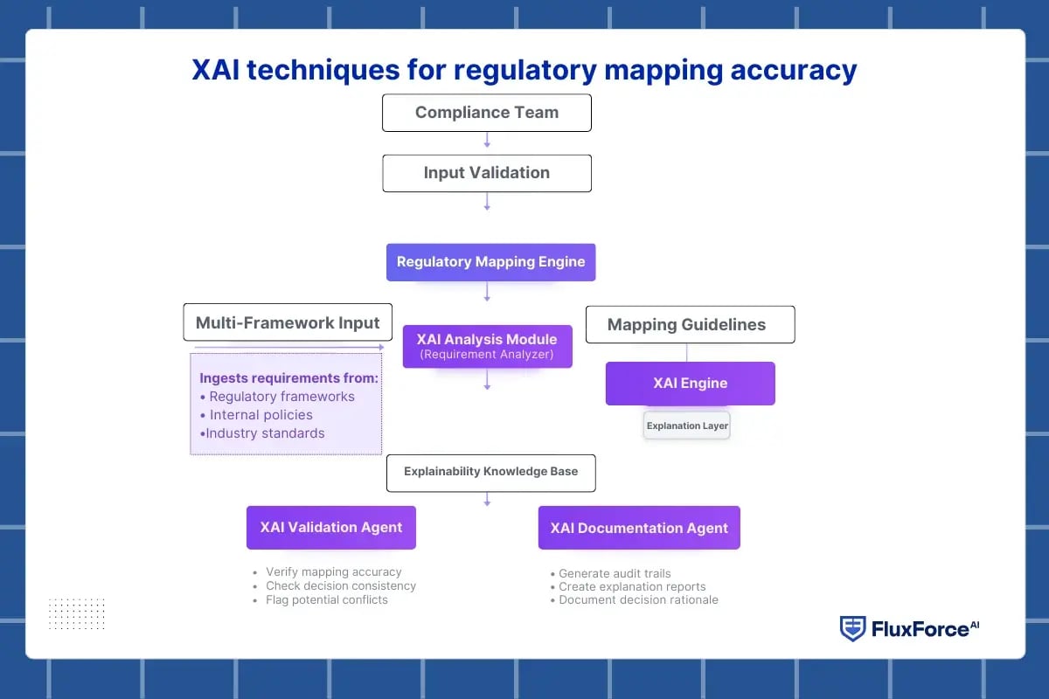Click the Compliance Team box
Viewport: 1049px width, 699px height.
click(x=487, y=113)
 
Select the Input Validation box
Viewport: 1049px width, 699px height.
click(x=487, y=173)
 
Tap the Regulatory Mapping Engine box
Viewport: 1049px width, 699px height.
click(x=490, y=262)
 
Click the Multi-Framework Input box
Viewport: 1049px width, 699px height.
click(x=288, y=322)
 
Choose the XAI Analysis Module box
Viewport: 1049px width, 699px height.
click(x=487, y=346)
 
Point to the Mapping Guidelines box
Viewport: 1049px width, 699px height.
click(x=689, y=324)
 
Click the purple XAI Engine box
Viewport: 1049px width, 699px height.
click(x=690, y=384)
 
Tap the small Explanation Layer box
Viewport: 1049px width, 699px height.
click(x=686, y=426)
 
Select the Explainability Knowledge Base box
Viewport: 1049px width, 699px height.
click(x=490, y=472)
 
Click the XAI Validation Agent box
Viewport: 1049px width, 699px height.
click(x=330, y=528)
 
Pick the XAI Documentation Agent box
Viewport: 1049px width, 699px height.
click(x=639, y=528)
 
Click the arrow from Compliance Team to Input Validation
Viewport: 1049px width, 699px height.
click(x=487, y=140)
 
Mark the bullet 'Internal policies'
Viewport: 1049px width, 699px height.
click(x=261, y=415)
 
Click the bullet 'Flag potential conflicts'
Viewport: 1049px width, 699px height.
click(x=326, y=600)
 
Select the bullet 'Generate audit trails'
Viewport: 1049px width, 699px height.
click(x=615, y=574)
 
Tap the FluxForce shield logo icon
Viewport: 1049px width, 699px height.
click(x=852, y=629)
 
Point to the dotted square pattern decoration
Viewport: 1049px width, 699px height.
click(x=77, y=613)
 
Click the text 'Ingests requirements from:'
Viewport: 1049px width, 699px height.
click(x=288, y=378)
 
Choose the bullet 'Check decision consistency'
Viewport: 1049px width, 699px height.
click(x=340, y=586)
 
